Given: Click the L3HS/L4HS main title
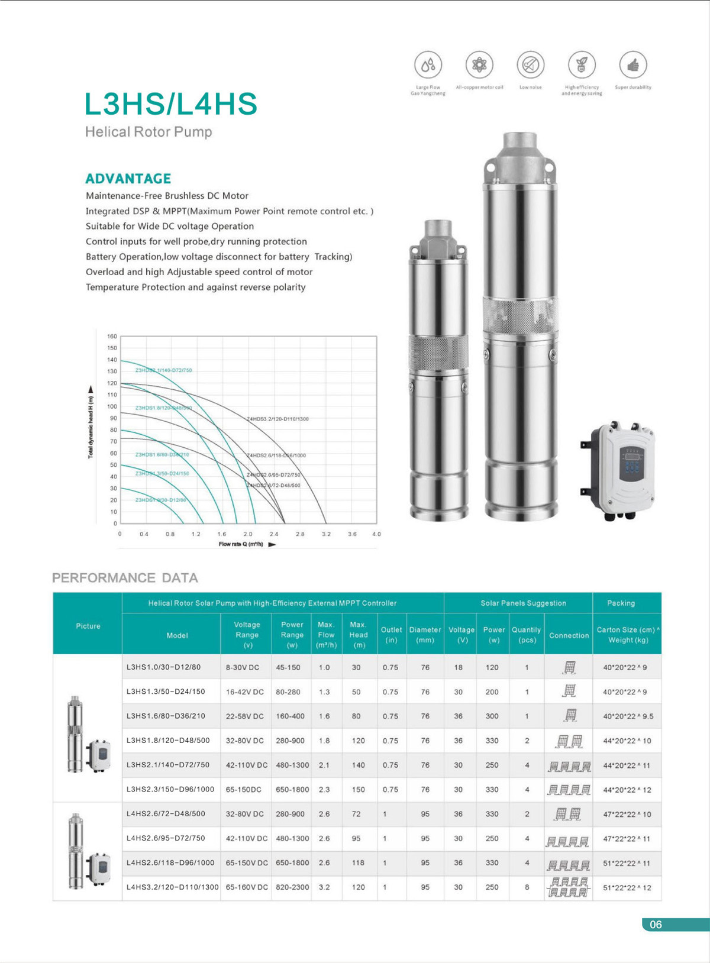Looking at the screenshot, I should click(171, 104).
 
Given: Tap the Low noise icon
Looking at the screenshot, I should click(531, 65).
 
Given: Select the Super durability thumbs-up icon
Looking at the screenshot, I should click(633, 65).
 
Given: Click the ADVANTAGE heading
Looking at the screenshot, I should click(128, 179).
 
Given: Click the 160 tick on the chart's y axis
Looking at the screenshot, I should click(112, 337).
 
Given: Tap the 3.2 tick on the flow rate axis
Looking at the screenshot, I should click(326, 534).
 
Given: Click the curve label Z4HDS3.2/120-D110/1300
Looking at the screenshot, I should click(277, 419).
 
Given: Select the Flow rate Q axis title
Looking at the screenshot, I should click(241, 544).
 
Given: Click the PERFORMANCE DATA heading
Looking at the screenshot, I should click(125, 578).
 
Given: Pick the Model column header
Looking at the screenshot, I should click(177, 635).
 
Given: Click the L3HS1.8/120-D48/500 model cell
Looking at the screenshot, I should click(168, 741).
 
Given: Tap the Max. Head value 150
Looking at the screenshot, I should click(358, 790).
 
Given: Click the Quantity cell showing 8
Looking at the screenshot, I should click(527, 887).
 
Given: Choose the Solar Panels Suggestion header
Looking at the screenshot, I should click(523, 603).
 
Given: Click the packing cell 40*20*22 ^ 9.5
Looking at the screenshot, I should click(628, 716).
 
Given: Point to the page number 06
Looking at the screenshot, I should click(656, 925).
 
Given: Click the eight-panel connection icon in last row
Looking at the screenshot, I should click(568, 887).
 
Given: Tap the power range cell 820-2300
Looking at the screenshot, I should click(292, 887).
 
